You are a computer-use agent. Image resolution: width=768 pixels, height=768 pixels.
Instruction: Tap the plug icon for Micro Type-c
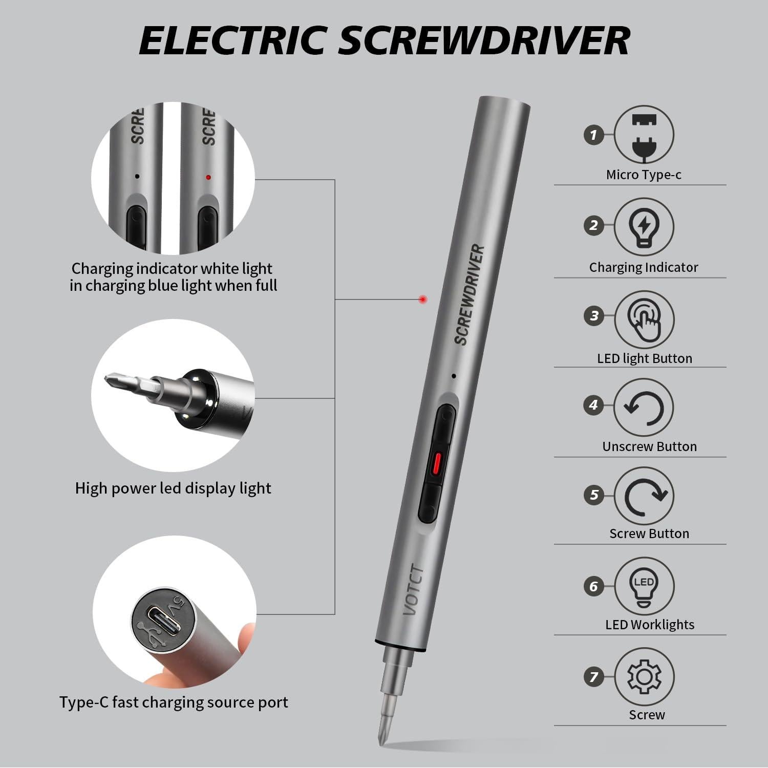click(x=644, y=135)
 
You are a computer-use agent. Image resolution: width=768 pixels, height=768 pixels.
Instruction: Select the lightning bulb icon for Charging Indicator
click(x=644, y=226)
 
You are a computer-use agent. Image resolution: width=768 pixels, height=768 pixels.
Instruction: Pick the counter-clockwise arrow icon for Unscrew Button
click(x=644, y=408)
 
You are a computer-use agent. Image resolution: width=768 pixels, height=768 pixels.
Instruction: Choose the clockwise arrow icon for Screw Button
click(x=644, y=496)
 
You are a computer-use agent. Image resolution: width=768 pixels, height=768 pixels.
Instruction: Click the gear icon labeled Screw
click(x=644, y=676)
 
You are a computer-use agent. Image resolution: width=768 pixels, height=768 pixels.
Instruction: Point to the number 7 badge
click(x=593, y=677)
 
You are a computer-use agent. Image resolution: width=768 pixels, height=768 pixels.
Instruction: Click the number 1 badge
click(x=593, y=135)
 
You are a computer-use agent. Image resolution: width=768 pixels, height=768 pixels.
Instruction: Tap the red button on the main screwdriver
click(x=436, y=463)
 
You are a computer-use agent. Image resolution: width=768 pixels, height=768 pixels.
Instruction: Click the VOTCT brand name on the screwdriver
click(x=414, y=590)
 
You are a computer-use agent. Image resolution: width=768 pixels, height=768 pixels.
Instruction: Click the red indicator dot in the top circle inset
click(x=208, y=177)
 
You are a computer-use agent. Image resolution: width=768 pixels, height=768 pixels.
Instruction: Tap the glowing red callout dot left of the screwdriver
click(x=422, y=300)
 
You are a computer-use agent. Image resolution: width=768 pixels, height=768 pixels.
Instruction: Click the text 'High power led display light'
click(x=173, y=488)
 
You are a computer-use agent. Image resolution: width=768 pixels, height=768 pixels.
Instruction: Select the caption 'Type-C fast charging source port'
click(x=174, y=702)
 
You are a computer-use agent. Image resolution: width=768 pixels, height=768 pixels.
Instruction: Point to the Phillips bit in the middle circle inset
click(x=123, y=382)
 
